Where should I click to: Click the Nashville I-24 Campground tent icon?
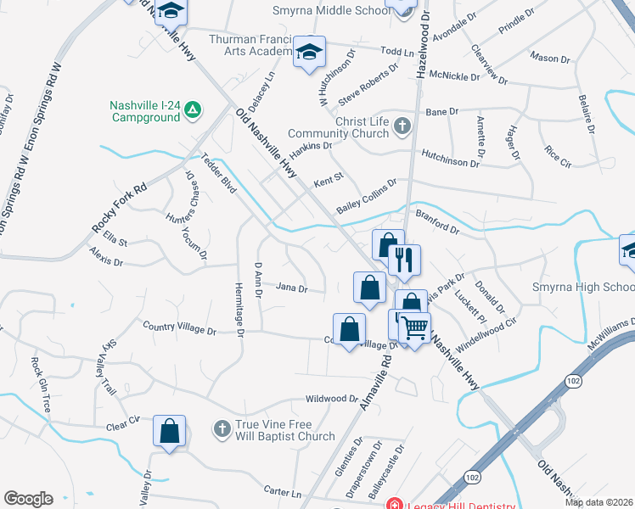point(194,109)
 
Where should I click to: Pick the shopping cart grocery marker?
point(414,327)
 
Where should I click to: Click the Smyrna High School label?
point(582,287)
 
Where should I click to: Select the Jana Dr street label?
point(291,288)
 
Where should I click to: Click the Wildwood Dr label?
point(333,398)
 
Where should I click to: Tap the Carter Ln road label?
point(283,492)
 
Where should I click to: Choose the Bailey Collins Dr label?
point(366,196)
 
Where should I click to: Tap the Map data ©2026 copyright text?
point(598,502)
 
